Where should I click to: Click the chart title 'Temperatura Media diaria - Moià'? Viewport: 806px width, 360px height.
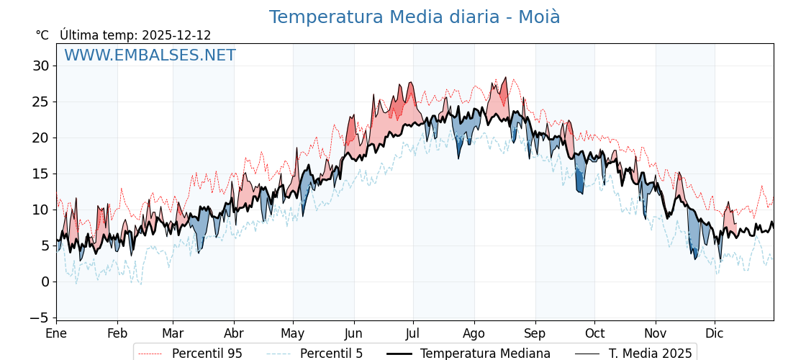(x=415, y=17)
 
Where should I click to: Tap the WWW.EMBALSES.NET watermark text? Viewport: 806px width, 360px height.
(x=150, y=55)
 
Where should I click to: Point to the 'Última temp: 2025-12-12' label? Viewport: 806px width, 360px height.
(x=135, y=35)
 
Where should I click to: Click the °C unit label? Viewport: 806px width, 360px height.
(x=42, y=35)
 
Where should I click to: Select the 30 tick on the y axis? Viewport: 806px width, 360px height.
(x=40, y=66)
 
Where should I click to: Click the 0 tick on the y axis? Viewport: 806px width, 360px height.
(x=45, y=282)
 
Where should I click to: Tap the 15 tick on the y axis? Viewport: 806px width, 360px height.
(x=40, y=174)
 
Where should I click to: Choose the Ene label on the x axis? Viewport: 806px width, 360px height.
(x=56, y=333)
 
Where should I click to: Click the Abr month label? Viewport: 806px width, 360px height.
(x=234, y=333)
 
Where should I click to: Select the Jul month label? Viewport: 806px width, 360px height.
(x=413, y=333)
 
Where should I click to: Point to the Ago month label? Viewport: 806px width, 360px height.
(x=474, y=333)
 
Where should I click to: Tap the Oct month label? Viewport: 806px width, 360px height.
(x=594, y=333)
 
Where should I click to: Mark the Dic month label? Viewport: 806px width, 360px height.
(x=715, y=333)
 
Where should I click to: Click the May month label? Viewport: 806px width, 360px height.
(x=293, y=333)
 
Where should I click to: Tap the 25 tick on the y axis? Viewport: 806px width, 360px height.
(x=40, y=102)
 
